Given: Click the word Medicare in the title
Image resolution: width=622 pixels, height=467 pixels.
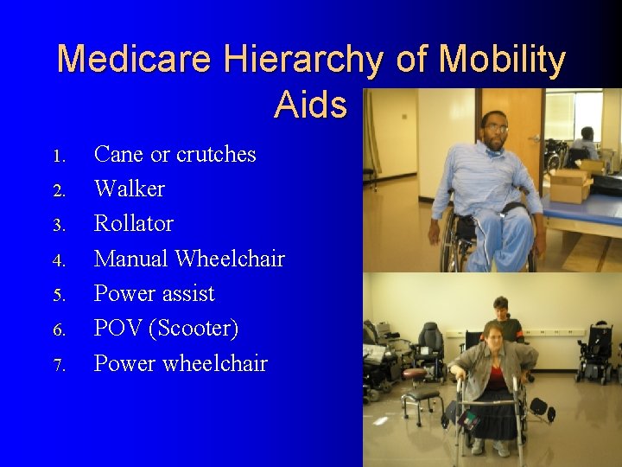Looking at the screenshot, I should (134, 61).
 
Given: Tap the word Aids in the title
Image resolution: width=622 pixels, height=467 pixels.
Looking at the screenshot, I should (310, 106).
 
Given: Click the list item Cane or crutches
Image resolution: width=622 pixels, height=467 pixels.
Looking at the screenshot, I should (175, 154).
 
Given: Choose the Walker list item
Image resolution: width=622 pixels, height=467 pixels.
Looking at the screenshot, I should (129, 189).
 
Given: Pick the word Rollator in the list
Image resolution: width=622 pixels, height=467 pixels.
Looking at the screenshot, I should (133, 223).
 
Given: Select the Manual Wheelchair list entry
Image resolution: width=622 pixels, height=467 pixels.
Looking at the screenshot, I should (188, 259).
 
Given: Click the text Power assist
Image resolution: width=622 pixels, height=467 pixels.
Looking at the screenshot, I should (154, 293).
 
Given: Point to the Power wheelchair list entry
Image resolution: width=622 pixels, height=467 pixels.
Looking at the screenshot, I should (181, 363).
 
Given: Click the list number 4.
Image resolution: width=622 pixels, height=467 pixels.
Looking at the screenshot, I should (58, 260).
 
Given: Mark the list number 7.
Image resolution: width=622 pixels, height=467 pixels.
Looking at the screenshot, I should (58, 365).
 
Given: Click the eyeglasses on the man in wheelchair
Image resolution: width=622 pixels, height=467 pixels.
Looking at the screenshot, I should (495, 128).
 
